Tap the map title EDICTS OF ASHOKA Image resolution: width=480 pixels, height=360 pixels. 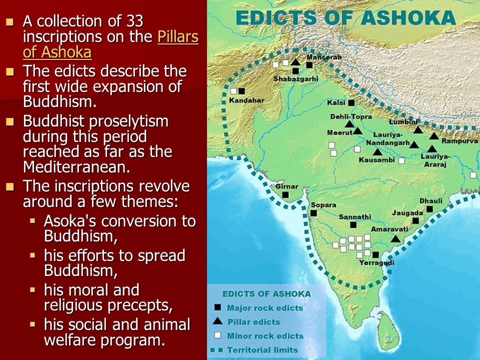(x=345, y=17)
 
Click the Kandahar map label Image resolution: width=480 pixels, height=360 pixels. (x=246, y=100)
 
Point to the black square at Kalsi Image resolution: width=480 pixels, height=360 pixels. (x=351, y=102)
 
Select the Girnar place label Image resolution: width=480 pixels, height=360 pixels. (x=286, y=186)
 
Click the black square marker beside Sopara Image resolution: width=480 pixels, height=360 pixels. (x=313, y=212)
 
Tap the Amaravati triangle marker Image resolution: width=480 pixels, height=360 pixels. (x=395, y=239)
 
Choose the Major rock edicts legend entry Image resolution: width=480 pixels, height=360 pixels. (x=264, y=307)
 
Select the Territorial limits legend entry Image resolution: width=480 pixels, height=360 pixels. (x=262, y=350)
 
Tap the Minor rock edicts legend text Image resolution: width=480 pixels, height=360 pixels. (x=265, y=335)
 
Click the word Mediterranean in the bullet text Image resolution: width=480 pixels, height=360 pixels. (x=76, y=167)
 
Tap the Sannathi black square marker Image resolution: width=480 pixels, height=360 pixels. (x=353, y=225)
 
